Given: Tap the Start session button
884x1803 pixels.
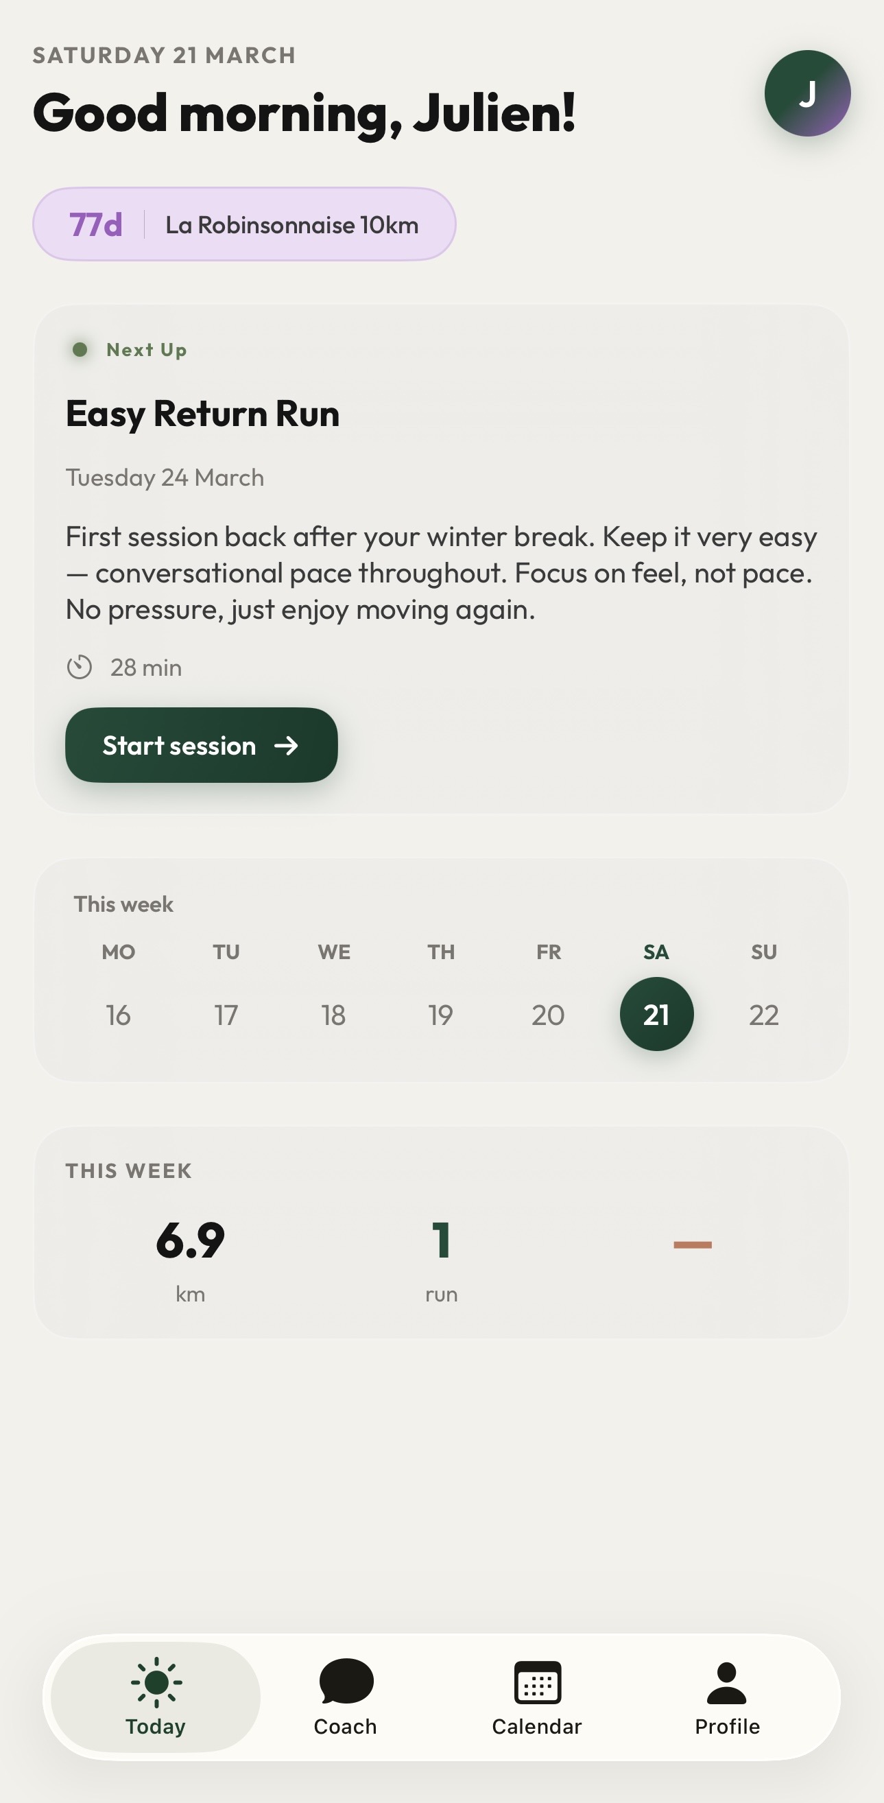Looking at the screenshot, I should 201,744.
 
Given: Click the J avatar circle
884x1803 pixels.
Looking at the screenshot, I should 807,93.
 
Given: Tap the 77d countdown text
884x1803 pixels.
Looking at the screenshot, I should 96,224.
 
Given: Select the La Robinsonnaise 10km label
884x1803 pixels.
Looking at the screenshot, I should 292,224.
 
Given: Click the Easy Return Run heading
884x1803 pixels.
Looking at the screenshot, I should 202,413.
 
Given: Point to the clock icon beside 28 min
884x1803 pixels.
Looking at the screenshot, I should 80,667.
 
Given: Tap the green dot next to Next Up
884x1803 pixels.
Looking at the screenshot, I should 80,349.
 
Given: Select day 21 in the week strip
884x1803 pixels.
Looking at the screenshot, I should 656,1014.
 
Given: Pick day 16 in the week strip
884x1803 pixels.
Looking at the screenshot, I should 118,1015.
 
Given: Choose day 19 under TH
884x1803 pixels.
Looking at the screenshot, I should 441,1015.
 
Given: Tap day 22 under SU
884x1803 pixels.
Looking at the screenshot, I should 763,1015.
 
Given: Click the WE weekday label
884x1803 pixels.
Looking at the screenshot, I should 334,952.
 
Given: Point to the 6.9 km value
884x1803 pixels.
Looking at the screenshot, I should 191,1240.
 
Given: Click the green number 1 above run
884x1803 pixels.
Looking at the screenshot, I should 441,1240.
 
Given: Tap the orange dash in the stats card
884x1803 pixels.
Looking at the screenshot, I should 692,1245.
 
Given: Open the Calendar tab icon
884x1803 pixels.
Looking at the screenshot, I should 537,1682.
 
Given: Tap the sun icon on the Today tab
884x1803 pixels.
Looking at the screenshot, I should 156,1682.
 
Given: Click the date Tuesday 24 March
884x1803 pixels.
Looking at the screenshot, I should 165,478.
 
